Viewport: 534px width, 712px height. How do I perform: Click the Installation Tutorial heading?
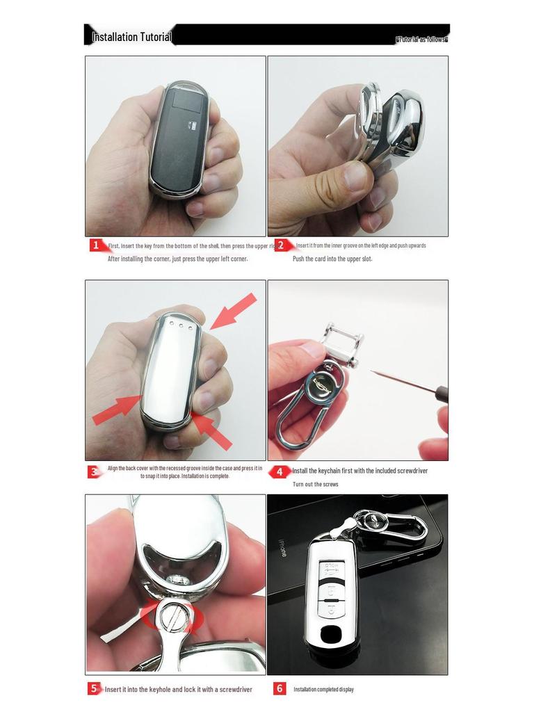(x=131, y=36)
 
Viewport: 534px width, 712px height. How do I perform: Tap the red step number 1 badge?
(x=96, y=245)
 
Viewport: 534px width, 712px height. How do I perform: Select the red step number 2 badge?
(x=281, y=245)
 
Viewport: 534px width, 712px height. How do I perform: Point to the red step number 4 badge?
(x=280, y=471)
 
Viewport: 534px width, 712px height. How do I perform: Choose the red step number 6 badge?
(x=280, y=688)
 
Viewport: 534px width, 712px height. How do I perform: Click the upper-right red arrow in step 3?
(x=233, y=310)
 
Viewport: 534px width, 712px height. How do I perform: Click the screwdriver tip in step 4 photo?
(x=373, y=372)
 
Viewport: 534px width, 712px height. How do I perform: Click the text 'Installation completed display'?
(x=323, y=689)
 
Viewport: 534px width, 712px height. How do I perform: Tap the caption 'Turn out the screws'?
(x=315, y=484)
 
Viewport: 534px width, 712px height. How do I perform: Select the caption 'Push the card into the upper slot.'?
(x=332, y=259)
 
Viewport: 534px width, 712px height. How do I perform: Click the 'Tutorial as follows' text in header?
(x=421, y=39)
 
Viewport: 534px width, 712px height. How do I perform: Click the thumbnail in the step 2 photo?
(x=357, y=177)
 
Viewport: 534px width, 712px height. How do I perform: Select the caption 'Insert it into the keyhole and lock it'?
(x=178, y=689)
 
